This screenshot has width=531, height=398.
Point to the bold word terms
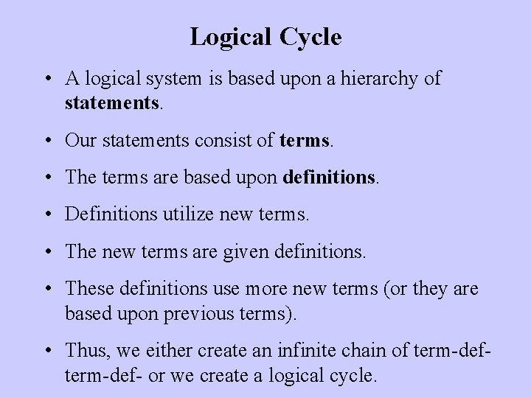pyautogui.click(x=306, y=139)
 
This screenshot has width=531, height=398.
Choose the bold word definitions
pyautogui.click(x=327, y=177)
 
